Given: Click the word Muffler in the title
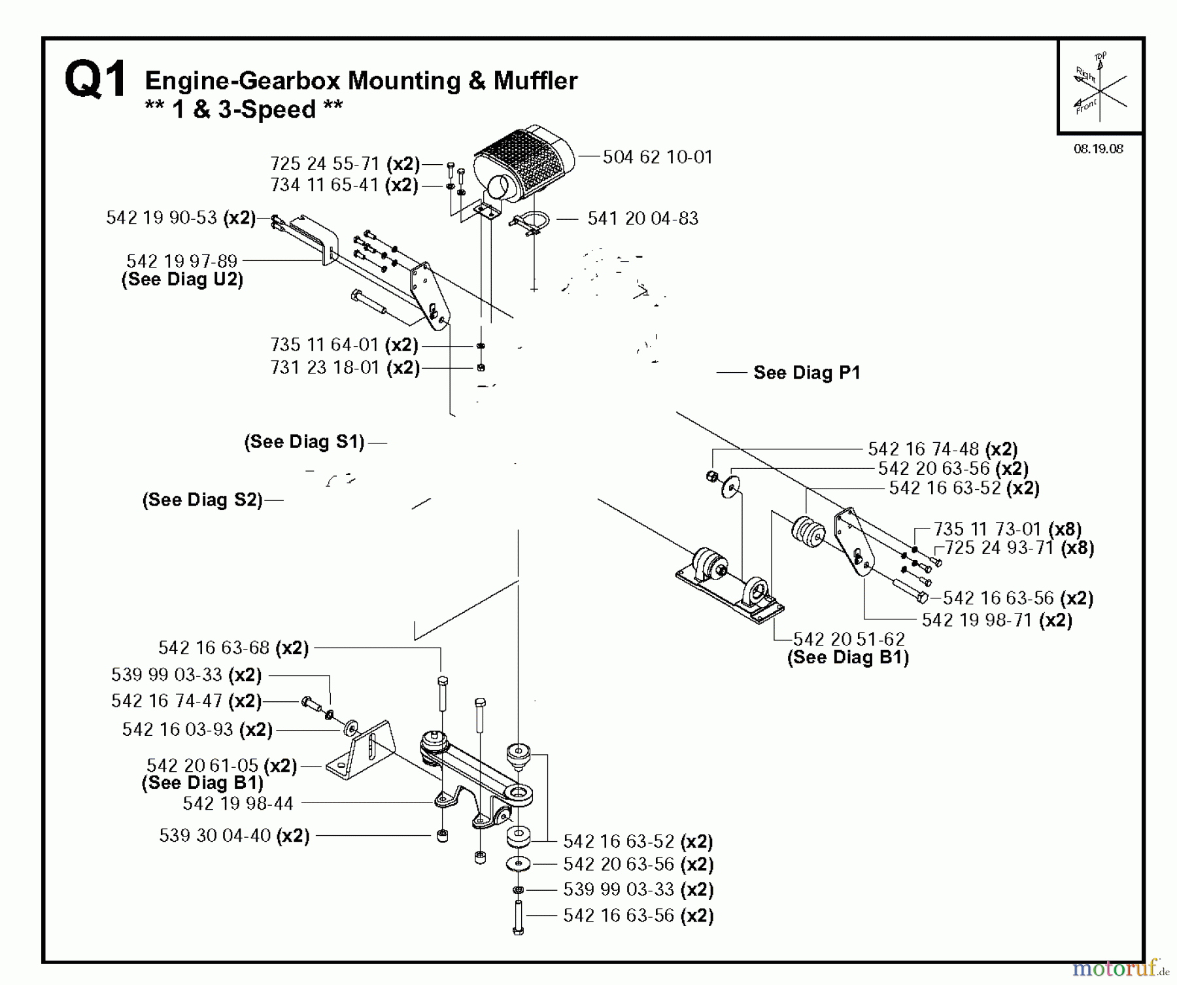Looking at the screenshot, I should point(536,81).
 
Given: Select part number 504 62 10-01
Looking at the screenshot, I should point(657,157).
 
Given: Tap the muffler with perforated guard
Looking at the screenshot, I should point(523,160).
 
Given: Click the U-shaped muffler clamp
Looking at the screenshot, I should point(530,224).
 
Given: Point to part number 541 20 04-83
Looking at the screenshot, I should point(642,218).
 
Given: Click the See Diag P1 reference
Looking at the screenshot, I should point(806,373).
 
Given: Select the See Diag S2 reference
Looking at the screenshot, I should point(202,500).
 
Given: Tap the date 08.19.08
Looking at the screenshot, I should point(1098,149).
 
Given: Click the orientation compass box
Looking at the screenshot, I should point(1099,86).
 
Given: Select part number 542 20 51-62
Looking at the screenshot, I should point(849,639).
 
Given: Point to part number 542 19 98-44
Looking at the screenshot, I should point(238,803).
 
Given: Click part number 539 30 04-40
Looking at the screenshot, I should point(214,835).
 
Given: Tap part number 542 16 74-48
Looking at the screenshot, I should point(923,449).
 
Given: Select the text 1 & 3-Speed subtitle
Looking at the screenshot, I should point(243,109).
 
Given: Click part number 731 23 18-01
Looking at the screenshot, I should point(325,368).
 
